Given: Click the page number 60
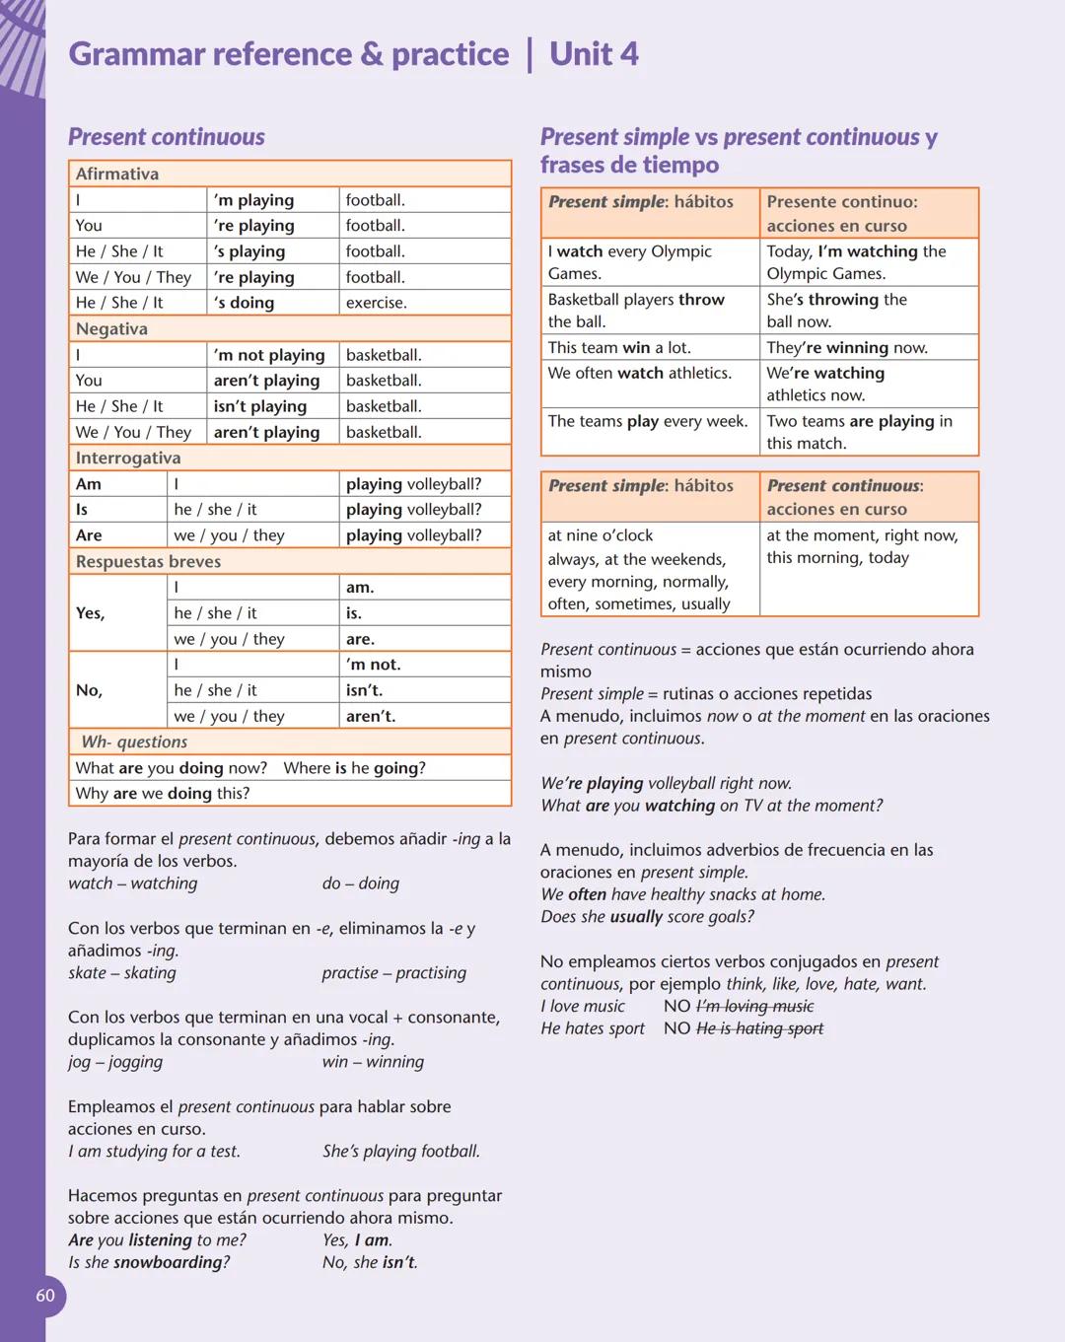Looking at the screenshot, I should click(x=45, y=1296).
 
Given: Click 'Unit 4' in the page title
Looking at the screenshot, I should click(x=594, y=54).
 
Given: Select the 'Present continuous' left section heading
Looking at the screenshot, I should click(x=167, y=137).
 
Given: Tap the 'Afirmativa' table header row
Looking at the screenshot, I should click(x=290, y=174).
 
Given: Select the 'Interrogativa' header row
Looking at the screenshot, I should click(x=290, y=458).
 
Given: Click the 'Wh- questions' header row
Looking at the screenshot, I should click(x=290, y=742).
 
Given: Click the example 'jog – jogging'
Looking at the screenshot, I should click(x=115, y=1062).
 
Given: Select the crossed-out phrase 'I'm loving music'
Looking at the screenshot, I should click(x=754, y=1007).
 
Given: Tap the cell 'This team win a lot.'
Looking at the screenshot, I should click(x=619, y=348).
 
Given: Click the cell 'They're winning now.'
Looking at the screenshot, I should click(x=847, y=348).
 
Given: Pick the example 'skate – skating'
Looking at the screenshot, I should click(x=122, y=973).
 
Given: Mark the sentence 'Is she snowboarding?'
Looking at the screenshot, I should click(x=149, y=1262).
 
